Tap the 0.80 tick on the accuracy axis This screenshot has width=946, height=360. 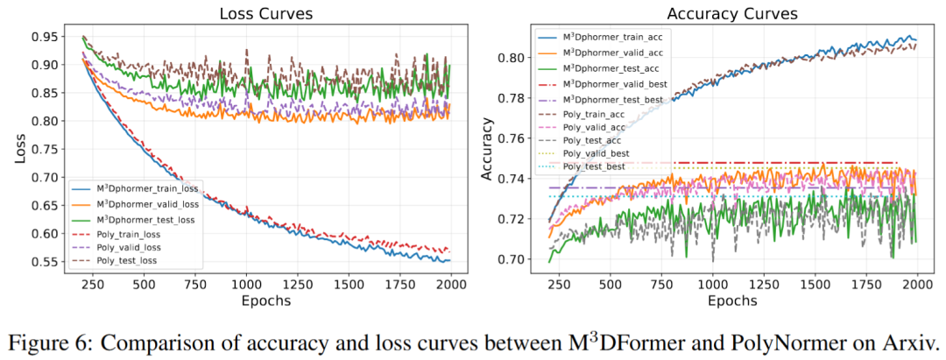click(x=511, y=58)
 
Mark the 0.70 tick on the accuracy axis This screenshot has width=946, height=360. click(x=511, y=259)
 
